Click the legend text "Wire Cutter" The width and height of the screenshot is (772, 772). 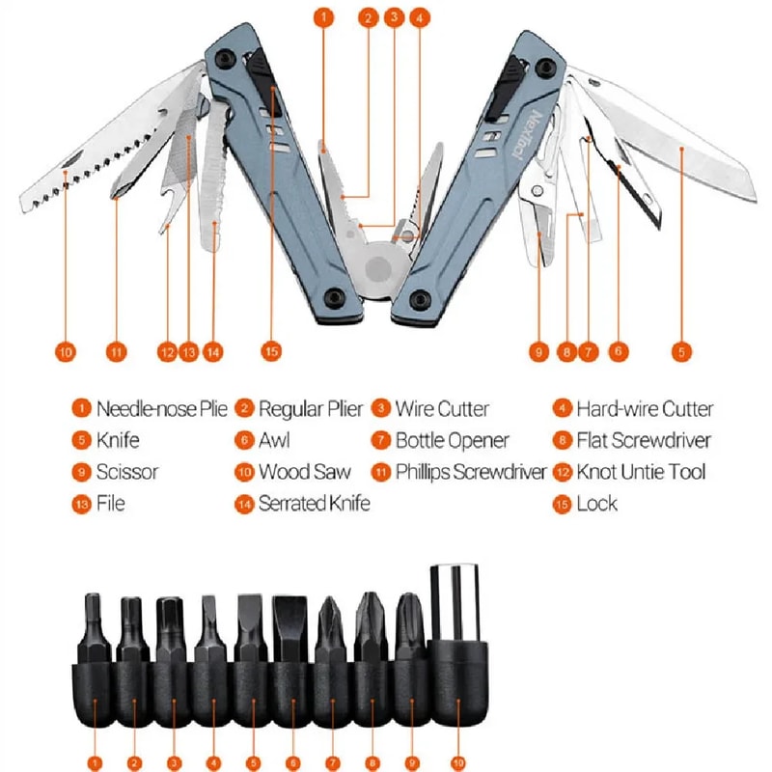tap(442, 409)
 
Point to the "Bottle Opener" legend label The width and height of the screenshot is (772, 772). tap(452, 441)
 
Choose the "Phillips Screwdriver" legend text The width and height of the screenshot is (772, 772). tap(471, 472)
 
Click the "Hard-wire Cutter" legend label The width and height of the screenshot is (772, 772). tap(645, 409)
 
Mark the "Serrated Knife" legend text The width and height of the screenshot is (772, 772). tap(314, 503)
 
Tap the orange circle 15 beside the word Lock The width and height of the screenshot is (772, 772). tap(563, 503)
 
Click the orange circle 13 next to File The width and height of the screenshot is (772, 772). tap(82, 503)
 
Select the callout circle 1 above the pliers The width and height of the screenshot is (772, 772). tap(325, 17)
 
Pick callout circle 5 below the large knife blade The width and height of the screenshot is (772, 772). tap(681, 352)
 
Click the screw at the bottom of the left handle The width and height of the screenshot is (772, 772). tap(333, 297)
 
